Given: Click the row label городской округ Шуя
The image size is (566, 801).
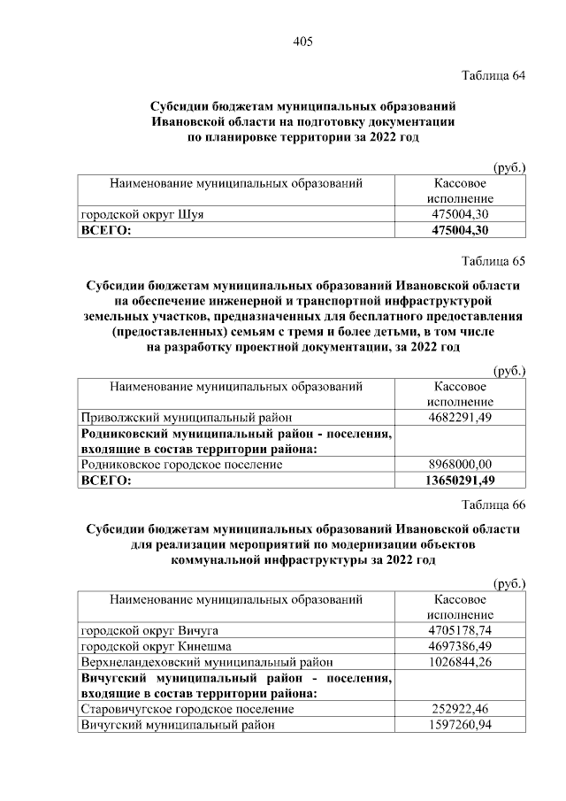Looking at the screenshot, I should point(146,214).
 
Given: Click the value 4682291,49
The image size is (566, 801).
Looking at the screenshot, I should point(459,417).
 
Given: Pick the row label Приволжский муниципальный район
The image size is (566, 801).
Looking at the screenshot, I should point(186,417).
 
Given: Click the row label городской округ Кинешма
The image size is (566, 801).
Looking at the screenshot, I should point(156,646).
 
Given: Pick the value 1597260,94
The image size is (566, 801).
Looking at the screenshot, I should point(459,725).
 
